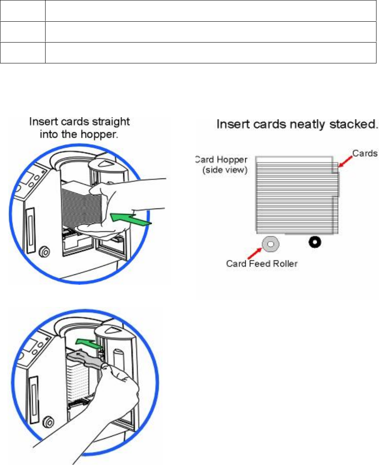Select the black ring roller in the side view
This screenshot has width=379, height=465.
click(x=313, y=242)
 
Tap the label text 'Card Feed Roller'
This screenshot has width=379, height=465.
click(x=262, y=264)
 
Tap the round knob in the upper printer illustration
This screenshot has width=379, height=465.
click(x=44, y=252)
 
